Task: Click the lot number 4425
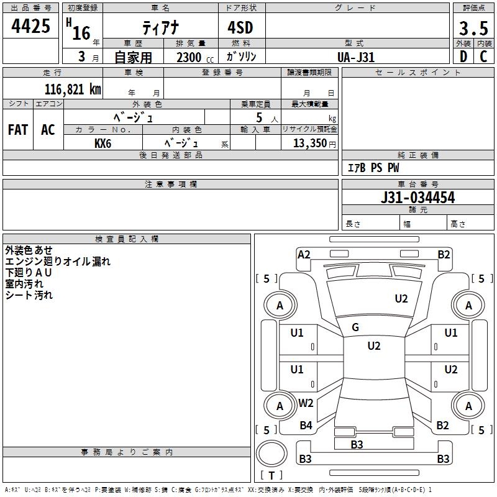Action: coord(30,26)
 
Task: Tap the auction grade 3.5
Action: coord(473,28)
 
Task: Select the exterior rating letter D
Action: coord(463,57)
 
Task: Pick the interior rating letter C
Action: coord(483,57)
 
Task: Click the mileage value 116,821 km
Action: coord(73,89)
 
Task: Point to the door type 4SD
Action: coord(240,27)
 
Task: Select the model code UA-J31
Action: coord(356,57)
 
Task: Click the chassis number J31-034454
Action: coord(417,198)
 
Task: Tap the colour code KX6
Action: coord(103,144)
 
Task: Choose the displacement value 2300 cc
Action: coord(195,57)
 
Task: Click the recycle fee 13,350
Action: coord(310,144)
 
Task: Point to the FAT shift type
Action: coord(18,130)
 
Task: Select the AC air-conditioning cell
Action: coord(48,130)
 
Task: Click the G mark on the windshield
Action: coord(355,327)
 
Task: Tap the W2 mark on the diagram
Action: coord(306,403)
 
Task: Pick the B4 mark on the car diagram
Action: coord(306,425)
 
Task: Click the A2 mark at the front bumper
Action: coord(304,255)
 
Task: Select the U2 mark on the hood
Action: coord(401,299)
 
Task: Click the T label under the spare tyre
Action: coord(271,475)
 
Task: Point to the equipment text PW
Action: coord(393,167)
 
